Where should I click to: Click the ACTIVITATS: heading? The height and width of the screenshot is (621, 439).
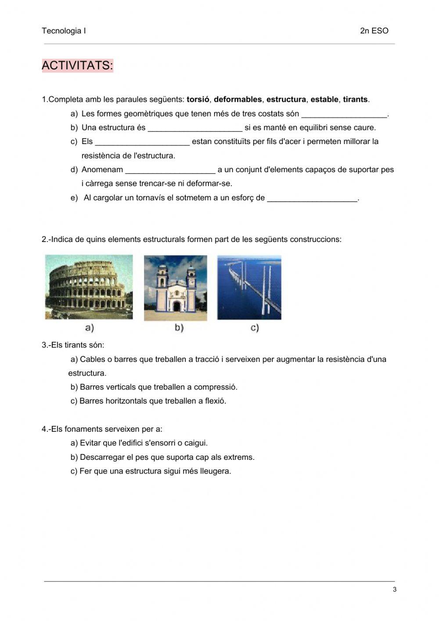pyautogui.click(x=77, y=66)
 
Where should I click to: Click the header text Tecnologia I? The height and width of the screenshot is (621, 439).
pyautogui.click(x=64, y=31)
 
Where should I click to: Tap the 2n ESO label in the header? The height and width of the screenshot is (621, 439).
pyautogui.click(x=374, y=31)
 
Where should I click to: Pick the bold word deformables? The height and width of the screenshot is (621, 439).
pyautogui.click(x=237, y=100)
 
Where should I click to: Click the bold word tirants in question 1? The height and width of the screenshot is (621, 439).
pyautogui.click(x=355, y=100)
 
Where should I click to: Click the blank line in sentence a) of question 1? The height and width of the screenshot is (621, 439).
pyautogui.click(x=344, y=115)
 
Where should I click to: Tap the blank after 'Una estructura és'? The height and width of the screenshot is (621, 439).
pyautogui.click(x=195, y=129)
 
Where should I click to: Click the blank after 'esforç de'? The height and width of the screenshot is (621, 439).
pyautogui.click(x=313, y=199)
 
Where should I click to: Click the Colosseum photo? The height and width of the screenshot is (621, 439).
pyautogui.click(x=89, y=287)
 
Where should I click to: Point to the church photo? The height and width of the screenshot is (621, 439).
pyautogui.click(x=176, y=288)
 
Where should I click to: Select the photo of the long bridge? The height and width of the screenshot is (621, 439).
pyautogui.click(x=249, y=287)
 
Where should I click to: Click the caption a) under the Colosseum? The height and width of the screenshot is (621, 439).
pyautogui.click(x=90, y=328)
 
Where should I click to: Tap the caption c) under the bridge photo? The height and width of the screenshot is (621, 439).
pyautogui.click(x=255, y=328)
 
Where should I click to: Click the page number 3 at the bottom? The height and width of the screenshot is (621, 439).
pyautogui.click(x=395, y=590)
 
